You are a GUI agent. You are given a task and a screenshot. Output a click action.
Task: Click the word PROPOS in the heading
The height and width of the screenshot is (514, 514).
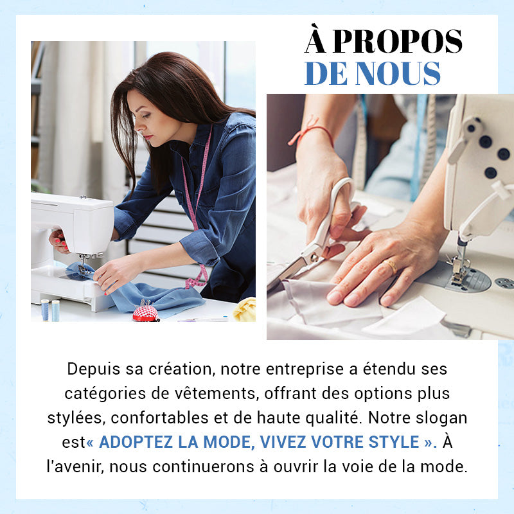coord(397,42)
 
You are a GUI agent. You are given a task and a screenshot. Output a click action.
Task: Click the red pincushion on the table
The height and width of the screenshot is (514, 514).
coord(145,312)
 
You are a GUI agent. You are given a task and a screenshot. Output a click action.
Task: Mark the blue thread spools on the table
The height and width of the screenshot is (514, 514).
coord(50,310)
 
